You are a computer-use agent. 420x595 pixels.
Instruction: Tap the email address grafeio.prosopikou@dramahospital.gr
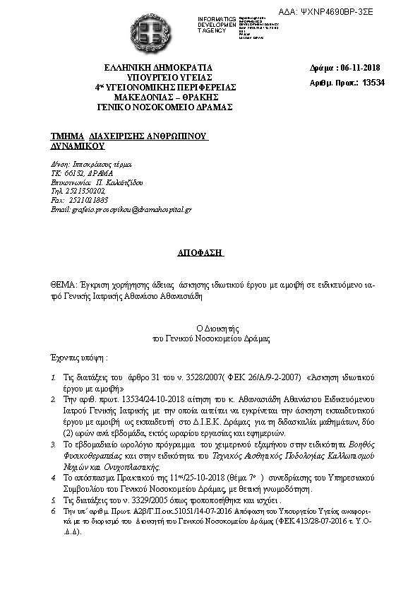pos(130,210)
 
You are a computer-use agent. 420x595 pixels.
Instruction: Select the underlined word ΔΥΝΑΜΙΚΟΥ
pos(77,145)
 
